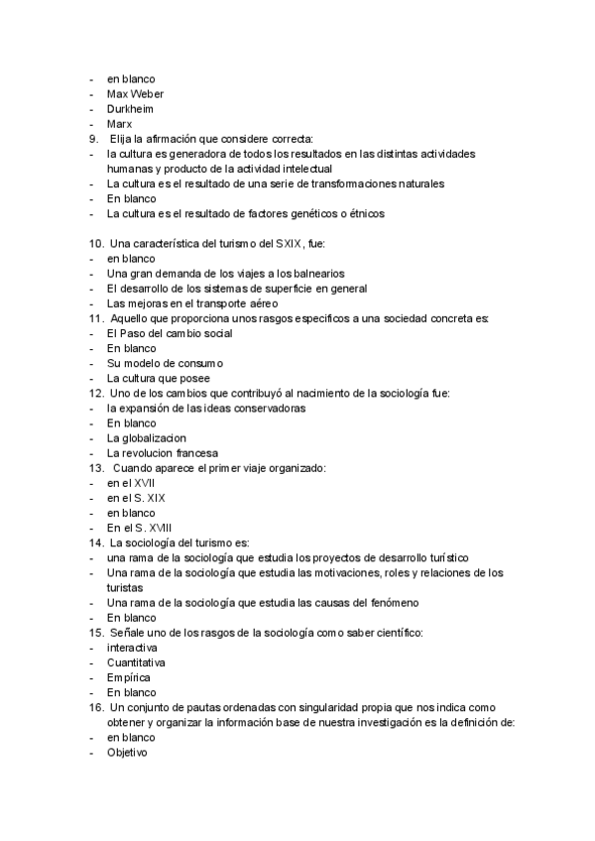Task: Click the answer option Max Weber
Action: click(135, 94)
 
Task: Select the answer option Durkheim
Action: click(130, 109)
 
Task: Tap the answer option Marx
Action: click(119, 124)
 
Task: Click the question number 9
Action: click(93, 139)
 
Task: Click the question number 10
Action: click(96, 243)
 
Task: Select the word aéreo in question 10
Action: click(258, 302)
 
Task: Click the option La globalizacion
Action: click(147, 438)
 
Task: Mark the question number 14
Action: click(96, 542)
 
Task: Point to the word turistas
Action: click(126, 587)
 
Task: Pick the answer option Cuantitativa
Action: click(136, 662)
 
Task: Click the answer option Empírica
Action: click(129, 677)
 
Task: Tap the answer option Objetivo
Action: click(127, 753)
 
